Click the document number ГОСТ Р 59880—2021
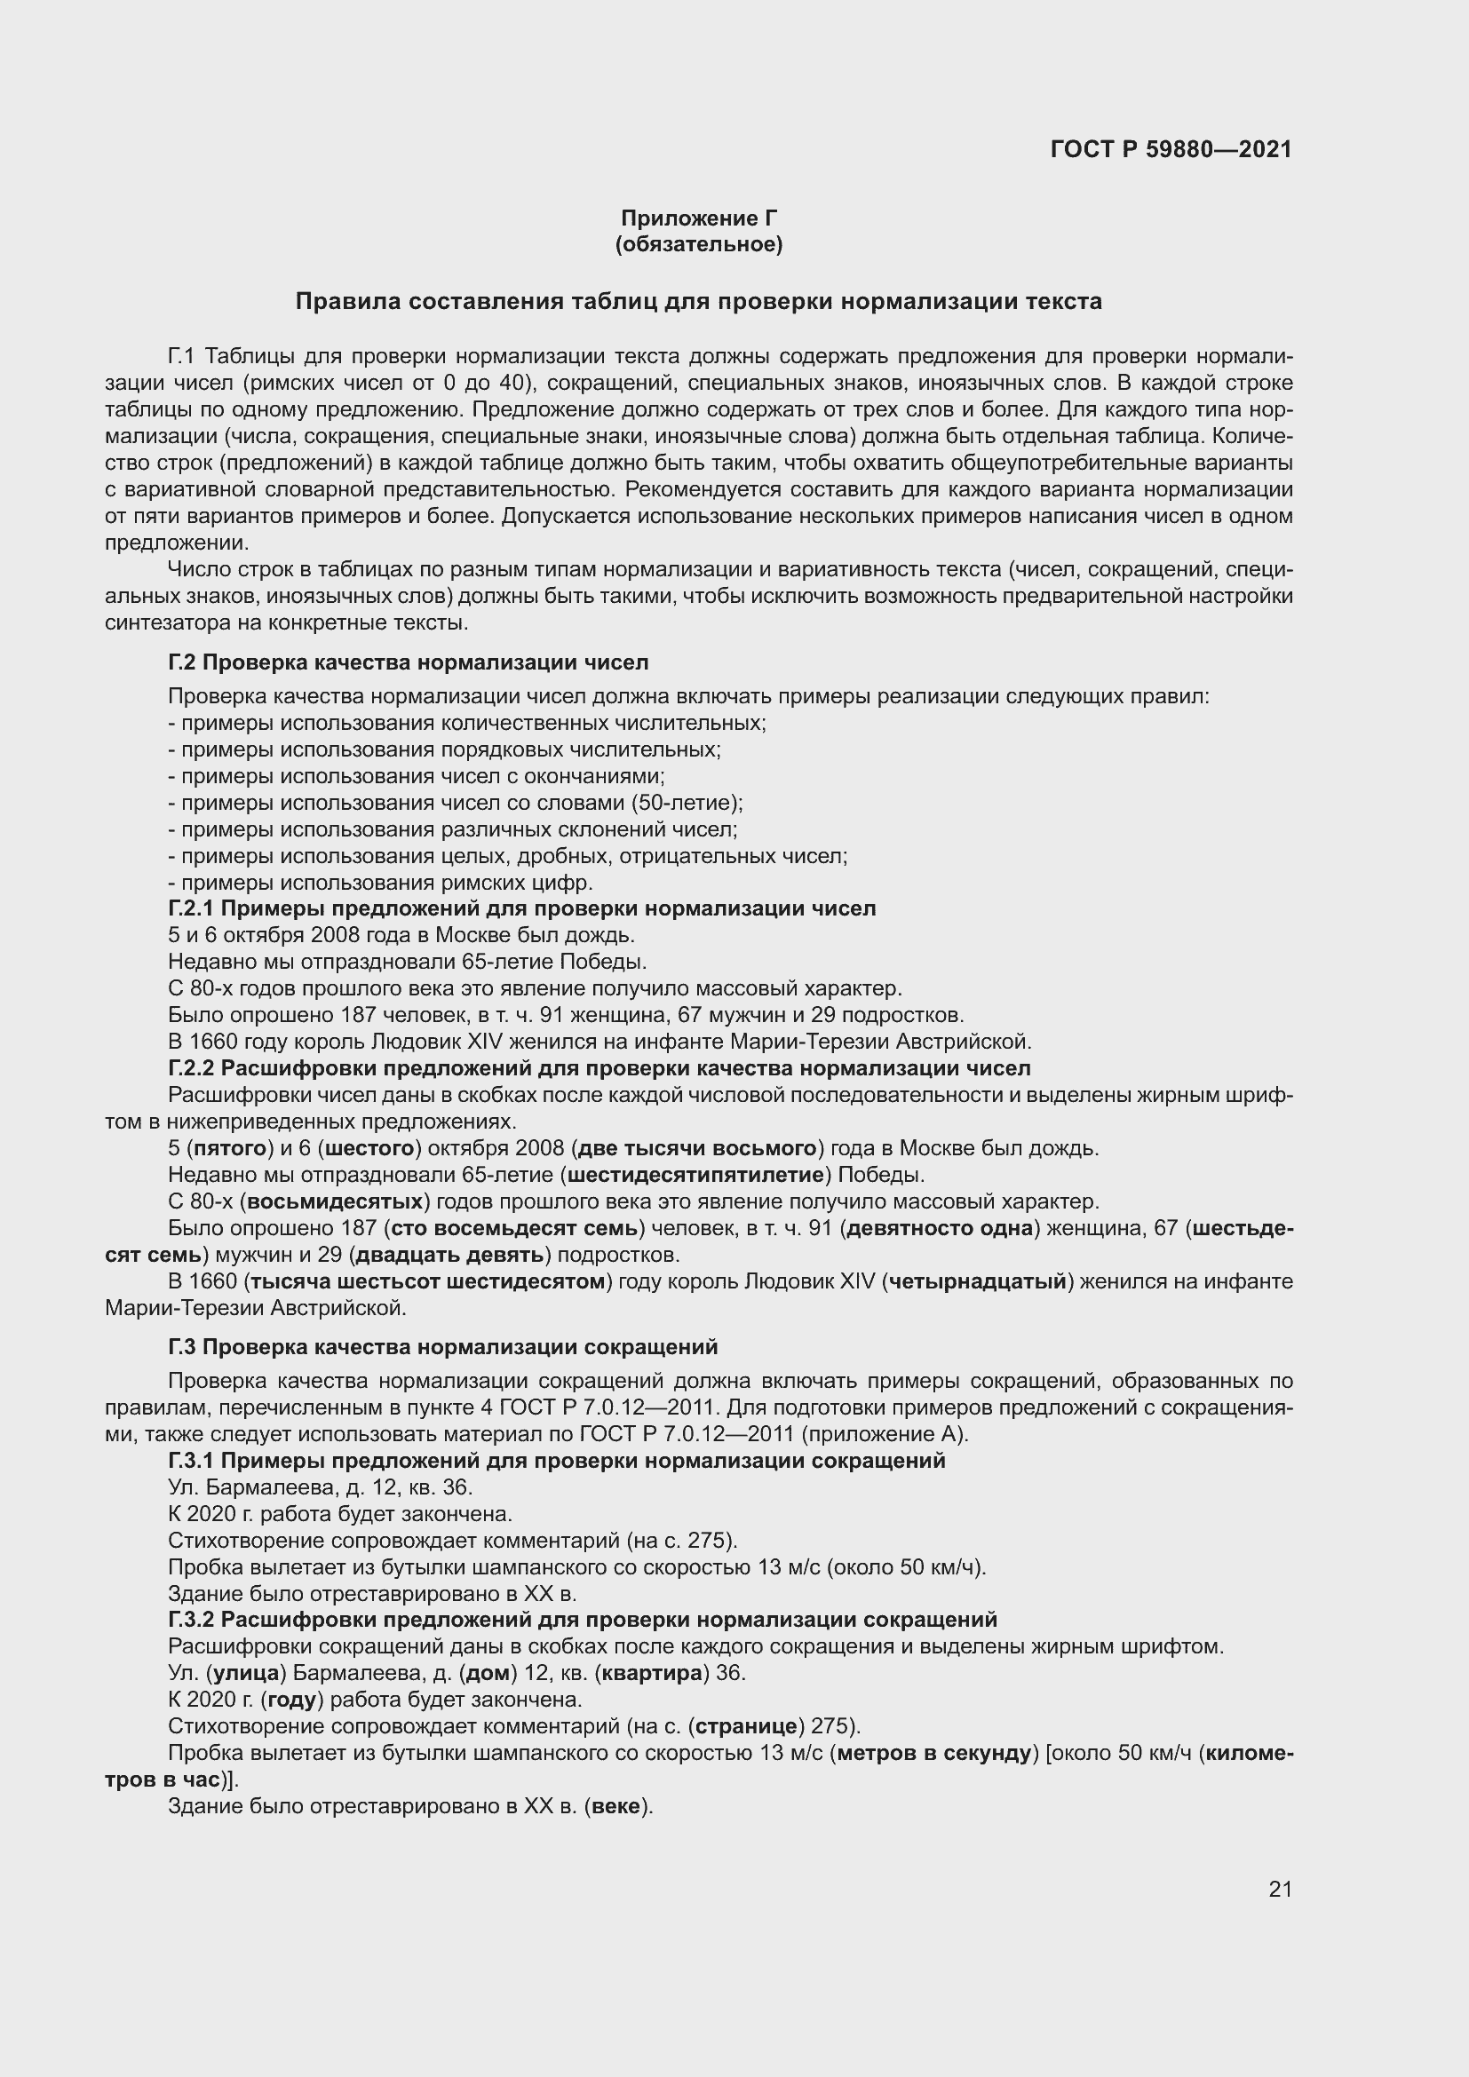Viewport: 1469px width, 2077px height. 1171,149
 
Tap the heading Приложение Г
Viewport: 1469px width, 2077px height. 698,218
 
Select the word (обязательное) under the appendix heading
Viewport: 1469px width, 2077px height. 698,244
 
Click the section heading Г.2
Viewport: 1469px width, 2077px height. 408,662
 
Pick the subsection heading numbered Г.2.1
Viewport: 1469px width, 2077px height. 522,908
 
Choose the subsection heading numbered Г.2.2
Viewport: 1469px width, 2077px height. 599,1068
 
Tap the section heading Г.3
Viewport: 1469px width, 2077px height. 442,1347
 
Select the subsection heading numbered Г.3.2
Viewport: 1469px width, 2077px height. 583,1620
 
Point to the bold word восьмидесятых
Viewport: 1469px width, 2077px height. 336,1202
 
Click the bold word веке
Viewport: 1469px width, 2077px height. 618,1806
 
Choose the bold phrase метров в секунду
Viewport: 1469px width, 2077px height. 934,1753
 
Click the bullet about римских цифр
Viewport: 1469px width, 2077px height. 385,883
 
